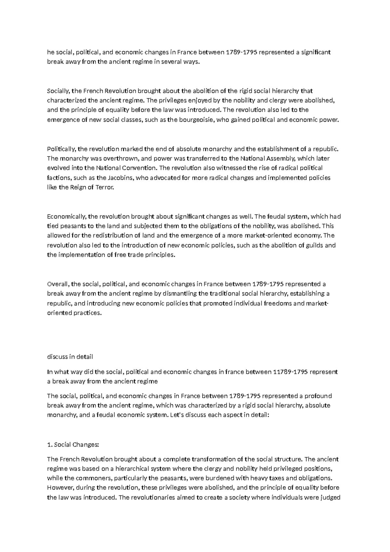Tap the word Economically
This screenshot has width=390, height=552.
point(66,216)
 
